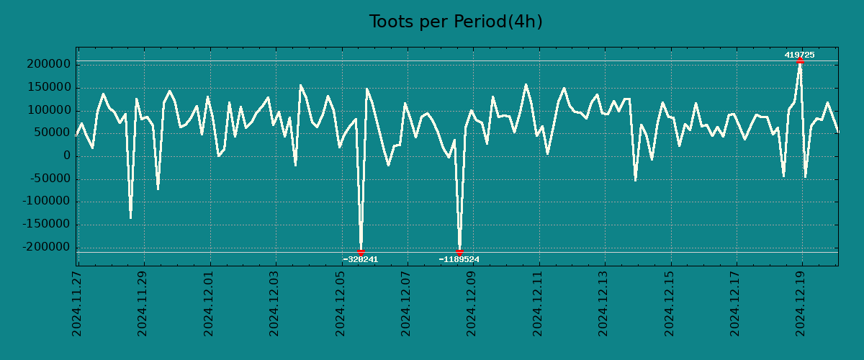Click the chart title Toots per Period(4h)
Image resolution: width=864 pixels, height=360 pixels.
click(x=456, y=22)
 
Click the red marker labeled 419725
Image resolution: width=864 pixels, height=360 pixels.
click(x=800, y=60)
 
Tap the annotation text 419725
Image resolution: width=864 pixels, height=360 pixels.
click(x=799, y=55)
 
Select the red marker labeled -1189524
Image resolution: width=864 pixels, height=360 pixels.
click(x=459, y=252)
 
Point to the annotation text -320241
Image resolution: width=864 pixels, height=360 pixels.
click(x=360, y=259)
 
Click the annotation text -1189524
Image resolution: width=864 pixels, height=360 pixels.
click(x=459, y=259)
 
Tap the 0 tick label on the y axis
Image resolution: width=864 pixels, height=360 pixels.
click(x=66, y=156)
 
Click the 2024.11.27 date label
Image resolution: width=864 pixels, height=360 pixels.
click(x=77, y=303)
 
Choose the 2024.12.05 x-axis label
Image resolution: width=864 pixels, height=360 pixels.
click(x=341, y=303)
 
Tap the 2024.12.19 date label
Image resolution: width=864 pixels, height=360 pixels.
click(x=801, y=303)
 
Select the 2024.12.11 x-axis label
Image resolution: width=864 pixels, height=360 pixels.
click(x=538, y=303)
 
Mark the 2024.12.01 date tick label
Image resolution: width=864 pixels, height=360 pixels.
click(x=209, y=303)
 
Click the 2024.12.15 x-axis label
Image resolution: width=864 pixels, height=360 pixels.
click(x=670, y=303)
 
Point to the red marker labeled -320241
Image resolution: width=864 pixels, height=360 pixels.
click(x=361, y=252)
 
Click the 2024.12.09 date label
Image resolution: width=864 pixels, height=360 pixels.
click(x=472, y=303)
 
